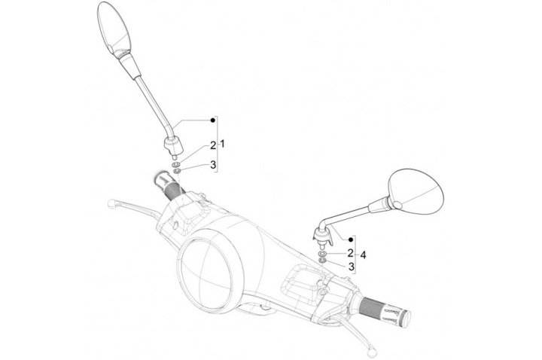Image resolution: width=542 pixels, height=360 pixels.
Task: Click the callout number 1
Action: coord(223,143)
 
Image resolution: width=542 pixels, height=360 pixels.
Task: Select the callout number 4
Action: coord(364,255)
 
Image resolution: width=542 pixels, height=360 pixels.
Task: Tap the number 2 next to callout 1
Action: coord(213,145)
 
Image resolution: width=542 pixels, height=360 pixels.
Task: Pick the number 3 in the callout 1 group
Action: coord(213,165)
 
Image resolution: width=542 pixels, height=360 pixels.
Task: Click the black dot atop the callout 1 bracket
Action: coord(213,121)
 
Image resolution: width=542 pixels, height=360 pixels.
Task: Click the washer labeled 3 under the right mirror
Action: coord(323,263)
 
